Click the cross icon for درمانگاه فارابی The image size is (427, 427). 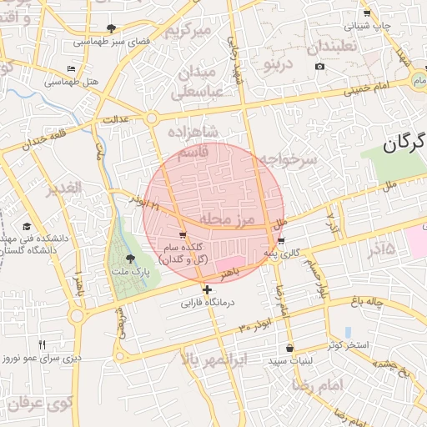click(208, 289)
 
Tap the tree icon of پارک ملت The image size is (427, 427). click(129, 259)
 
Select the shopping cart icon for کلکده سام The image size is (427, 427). click(183, 236)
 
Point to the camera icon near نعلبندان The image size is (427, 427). click(319, 67)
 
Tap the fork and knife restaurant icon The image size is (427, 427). click(43, 344)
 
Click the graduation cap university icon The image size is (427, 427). click(26, 227)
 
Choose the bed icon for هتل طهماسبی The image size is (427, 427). click(71, 68)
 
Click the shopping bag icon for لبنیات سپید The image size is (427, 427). click(289, 348)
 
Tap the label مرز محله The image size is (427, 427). click(225, 219)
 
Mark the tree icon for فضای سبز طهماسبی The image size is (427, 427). click(111, 28)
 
